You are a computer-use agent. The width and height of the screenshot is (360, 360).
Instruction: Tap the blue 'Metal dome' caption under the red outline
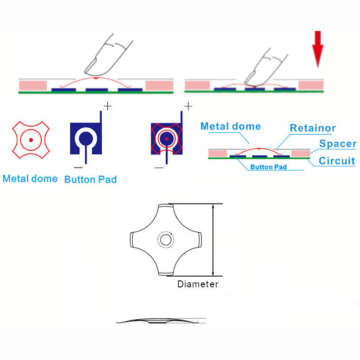point(30,179)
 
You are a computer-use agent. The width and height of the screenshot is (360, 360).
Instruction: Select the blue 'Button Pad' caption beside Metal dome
point(90,179)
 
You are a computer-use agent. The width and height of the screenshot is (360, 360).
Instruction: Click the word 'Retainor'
point(312,128)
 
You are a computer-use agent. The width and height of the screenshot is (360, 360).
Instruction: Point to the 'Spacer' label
point(338,144)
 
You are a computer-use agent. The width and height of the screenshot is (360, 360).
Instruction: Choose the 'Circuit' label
point(337,161)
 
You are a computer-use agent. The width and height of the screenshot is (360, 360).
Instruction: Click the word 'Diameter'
point(198,284)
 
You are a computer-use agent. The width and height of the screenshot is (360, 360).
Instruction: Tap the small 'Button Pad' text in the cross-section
point(268,167)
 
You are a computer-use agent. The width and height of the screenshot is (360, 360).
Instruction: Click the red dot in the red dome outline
point(31,139)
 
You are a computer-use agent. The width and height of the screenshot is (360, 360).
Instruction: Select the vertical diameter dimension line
point(213,239)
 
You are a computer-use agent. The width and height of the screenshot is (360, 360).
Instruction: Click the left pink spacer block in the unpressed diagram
point(33,85)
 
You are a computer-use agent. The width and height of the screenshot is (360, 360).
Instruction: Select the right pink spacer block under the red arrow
point(310,85)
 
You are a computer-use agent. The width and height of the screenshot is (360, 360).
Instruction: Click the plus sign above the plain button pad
point(107,106)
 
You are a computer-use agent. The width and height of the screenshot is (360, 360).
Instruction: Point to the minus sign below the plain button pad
point(78,167)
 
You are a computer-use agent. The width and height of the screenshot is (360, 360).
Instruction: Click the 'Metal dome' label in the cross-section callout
point(230,126)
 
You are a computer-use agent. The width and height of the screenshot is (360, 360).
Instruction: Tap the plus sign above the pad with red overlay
point(188,106)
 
